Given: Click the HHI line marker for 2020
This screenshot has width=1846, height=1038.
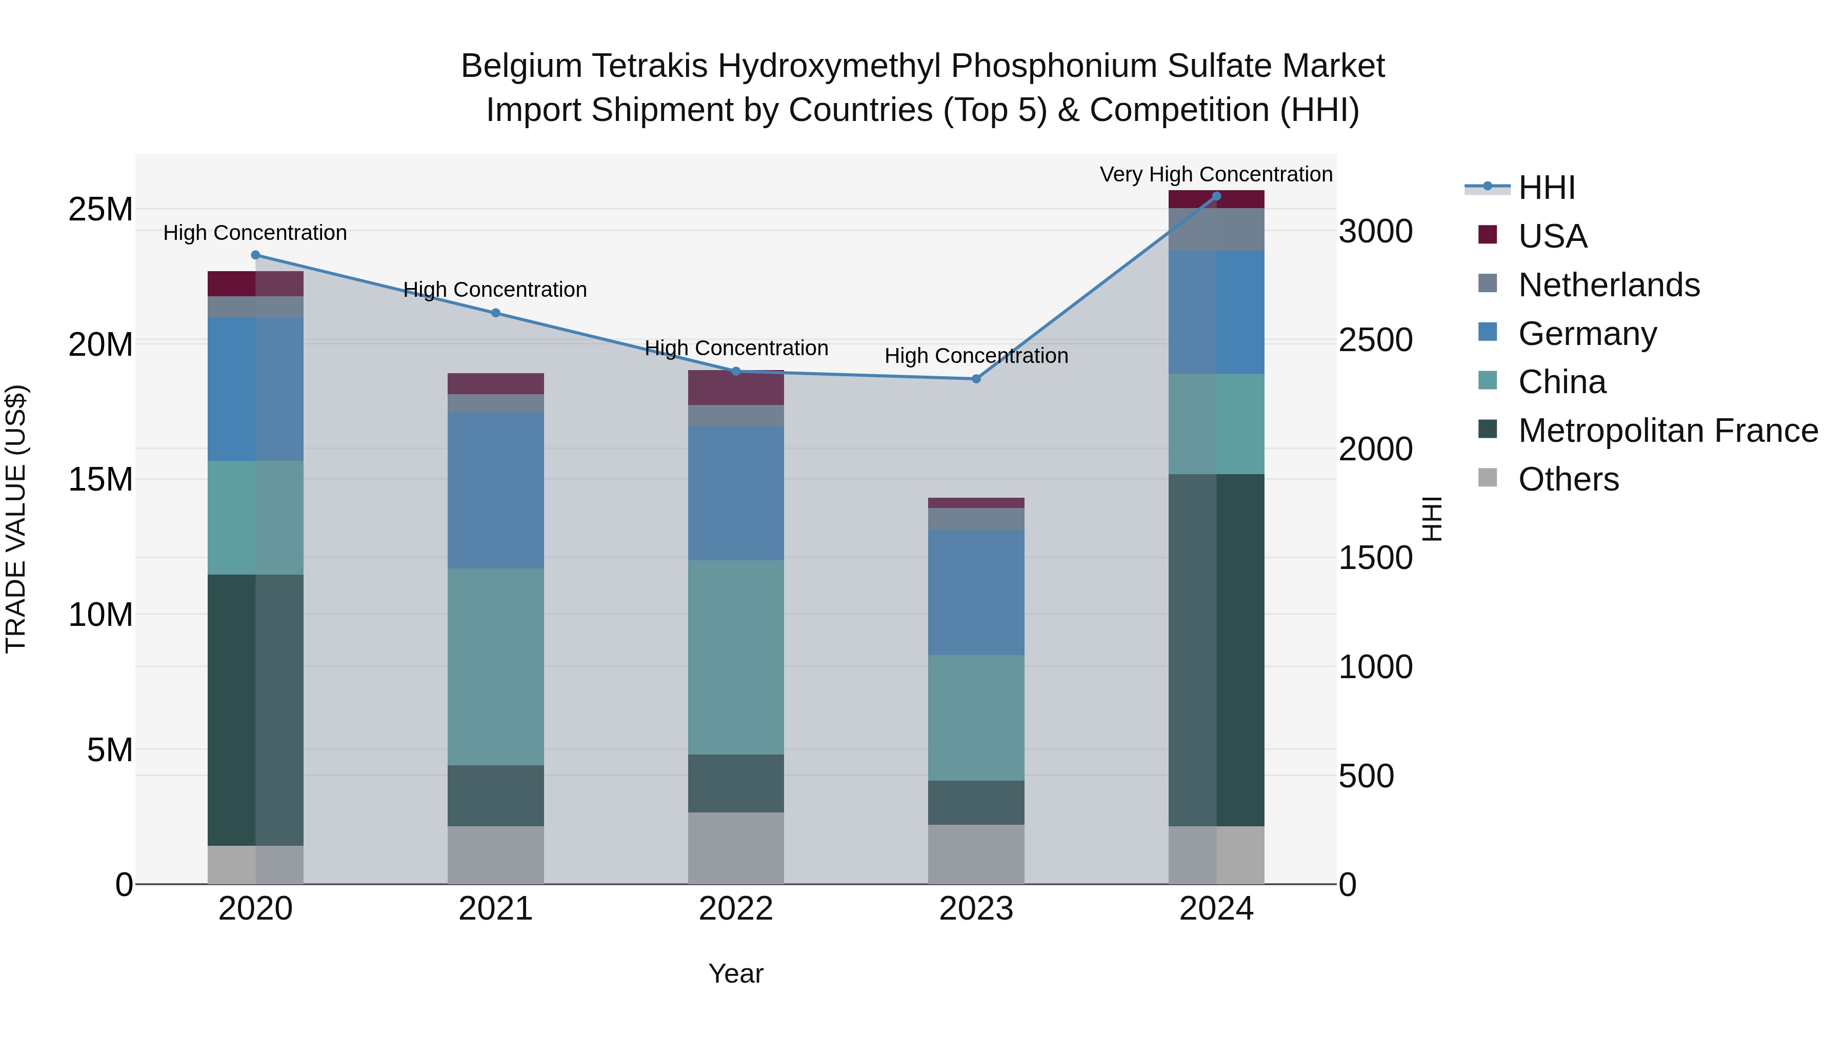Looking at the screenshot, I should coord(255,255).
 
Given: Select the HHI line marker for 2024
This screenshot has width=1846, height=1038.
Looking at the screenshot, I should coord(1216,196).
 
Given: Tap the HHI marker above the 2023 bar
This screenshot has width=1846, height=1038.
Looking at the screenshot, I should coord(976,379).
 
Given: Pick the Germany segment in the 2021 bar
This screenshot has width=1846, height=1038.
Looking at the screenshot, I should coord(495,491).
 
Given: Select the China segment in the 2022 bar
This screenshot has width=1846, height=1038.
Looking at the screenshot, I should coord(736,657).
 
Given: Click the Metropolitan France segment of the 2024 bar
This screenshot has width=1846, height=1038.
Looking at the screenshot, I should coord(1216,650).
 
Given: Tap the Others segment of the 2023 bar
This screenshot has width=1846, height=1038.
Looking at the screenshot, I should coord(976,854).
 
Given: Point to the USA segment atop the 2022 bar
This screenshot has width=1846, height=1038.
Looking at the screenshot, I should coord(736,388).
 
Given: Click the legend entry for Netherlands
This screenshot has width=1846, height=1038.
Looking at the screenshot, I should coord(1608,285).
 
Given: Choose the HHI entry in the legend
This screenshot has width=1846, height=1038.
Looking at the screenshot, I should coord(1547,188).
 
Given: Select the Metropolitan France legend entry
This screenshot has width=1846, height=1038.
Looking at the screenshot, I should coord(1668,431).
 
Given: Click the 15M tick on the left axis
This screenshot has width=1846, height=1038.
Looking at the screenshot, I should coord(101,479).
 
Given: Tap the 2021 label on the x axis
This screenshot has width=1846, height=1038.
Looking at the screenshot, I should coord(495,909).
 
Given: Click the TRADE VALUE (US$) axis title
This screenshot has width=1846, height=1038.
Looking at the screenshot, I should coord(16,519).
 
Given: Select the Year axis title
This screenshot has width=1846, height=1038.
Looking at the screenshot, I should coord(735,973).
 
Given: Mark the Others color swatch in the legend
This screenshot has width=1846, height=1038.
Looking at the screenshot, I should coord(1488,478).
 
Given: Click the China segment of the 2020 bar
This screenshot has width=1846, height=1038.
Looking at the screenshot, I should coord(255,517).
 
